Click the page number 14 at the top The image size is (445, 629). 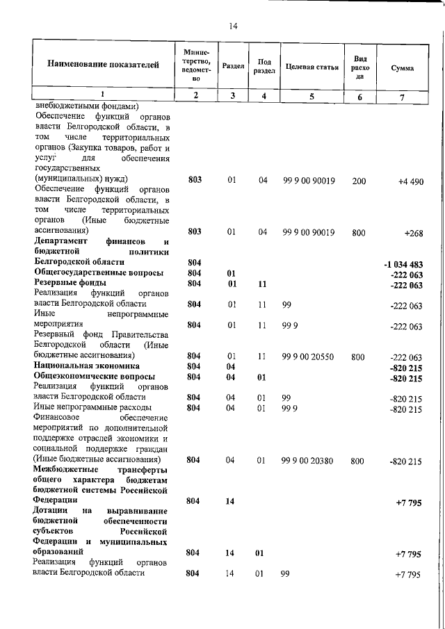point(233,26)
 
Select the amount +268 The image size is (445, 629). point(414,233)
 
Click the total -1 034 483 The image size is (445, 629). point(403,265)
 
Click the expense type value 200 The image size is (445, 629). point(359,181)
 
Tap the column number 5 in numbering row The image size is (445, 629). point(312,97)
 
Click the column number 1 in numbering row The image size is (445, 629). point(103,95)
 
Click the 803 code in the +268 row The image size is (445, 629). point(195,232)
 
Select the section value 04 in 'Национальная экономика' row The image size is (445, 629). point(232,366)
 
